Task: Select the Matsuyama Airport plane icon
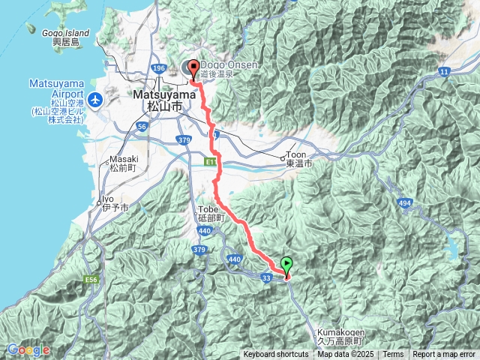click(x=95, y=99)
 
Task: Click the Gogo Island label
click(x=66, y=37)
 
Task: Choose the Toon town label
click(x=300, y=158)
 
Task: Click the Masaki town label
click(x=121, y=163)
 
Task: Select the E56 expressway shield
click(x=92, y=280)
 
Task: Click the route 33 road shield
click(x=266, y=277)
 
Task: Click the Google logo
click(x=28, y=349)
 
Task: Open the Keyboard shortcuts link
click(x=275, y=355)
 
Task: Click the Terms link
click(x=393, y=355)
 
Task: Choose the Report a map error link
click(x=445, y=355)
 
